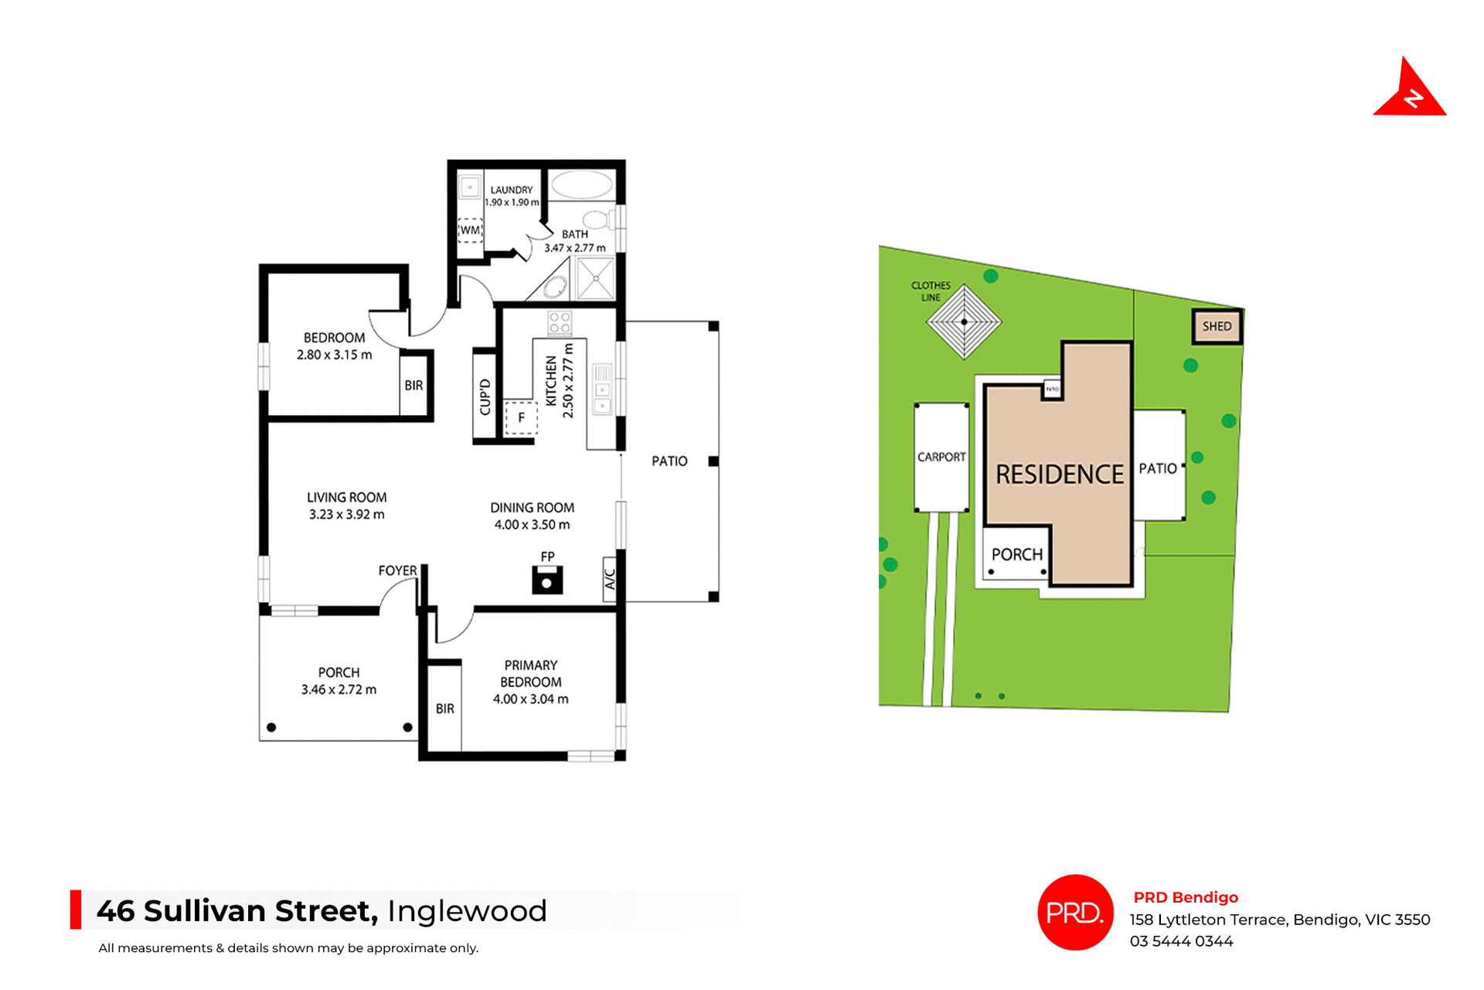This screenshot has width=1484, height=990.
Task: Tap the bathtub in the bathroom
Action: click(582, 185)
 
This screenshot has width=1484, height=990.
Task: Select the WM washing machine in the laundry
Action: click(470, 230)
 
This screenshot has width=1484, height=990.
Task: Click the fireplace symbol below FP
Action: click(547, 580)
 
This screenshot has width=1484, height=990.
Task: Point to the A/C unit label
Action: click(610, 579)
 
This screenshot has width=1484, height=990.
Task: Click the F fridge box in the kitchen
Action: click(521, 418)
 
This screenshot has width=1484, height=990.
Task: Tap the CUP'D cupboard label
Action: click(485, 397)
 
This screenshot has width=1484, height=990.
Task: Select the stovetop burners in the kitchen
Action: click(560, 323)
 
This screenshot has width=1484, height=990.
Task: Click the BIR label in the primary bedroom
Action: click(444, 709)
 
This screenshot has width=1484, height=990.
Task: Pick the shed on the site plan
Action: click(1217, 326)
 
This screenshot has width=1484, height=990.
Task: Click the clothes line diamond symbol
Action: click(964, 321)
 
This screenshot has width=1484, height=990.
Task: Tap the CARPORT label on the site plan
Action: click(941, 457)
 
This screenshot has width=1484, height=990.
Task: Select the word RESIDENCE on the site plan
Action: click(1059, 475)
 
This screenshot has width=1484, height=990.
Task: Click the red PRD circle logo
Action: click(1075, 913)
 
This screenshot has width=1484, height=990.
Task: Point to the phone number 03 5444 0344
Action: click(1181, 941)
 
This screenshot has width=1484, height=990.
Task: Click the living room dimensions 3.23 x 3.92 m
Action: click(346, 515)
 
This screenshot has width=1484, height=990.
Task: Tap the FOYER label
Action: click(397, 571)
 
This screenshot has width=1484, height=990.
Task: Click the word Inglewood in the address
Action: click(467, 911)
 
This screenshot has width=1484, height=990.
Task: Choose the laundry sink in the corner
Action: click(469, 187)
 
